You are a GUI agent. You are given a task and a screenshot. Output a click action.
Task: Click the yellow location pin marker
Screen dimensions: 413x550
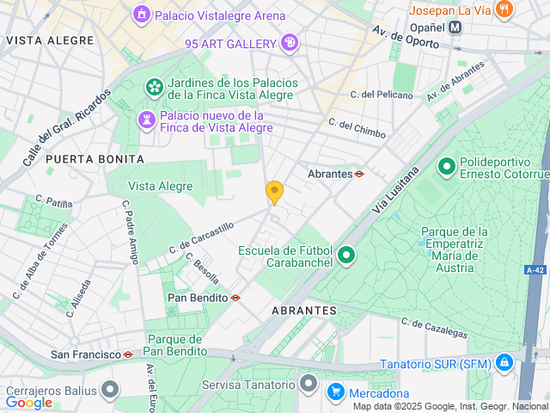coord(274,192)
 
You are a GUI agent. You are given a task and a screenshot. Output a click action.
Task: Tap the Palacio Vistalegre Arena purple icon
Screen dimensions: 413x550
coord(140,15)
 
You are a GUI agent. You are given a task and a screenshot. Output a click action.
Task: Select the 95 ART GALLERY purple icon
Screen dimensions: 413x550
coord(290,42)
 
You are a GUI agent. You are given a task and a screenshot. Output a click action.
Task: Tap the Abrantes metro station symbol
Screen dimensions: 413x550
coord(359,174)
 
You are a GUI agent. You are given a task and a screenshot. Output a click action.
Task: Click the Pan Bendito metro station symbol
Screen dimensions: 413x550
coord(235,298)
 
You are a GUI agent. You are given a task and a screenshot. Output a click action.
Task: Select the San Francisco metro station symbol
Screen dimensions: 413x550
coord(128,354)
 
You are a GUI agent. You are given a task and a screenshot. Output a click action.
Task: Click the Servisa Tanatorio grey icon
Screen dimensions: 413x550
coord(308,383)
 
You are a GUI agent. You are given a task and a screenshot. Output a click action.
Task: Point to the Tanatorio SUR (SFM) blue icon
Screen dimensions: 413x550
coord(504,362)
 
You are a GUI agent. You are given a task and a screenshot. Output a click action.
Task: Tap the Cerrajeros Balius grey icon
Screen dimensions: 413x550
coord(109,391)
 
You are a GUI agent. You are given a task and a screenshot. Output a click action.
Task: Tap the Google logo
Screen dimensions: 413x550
coord(28,402)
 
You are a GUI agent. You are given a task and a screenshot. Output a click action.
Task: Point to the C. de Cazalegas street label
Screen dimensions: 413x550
coord(435,328)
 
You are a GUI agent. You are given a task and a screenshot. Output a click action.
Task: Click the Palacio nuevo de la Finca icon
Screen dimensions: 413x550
coord(147,120)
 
